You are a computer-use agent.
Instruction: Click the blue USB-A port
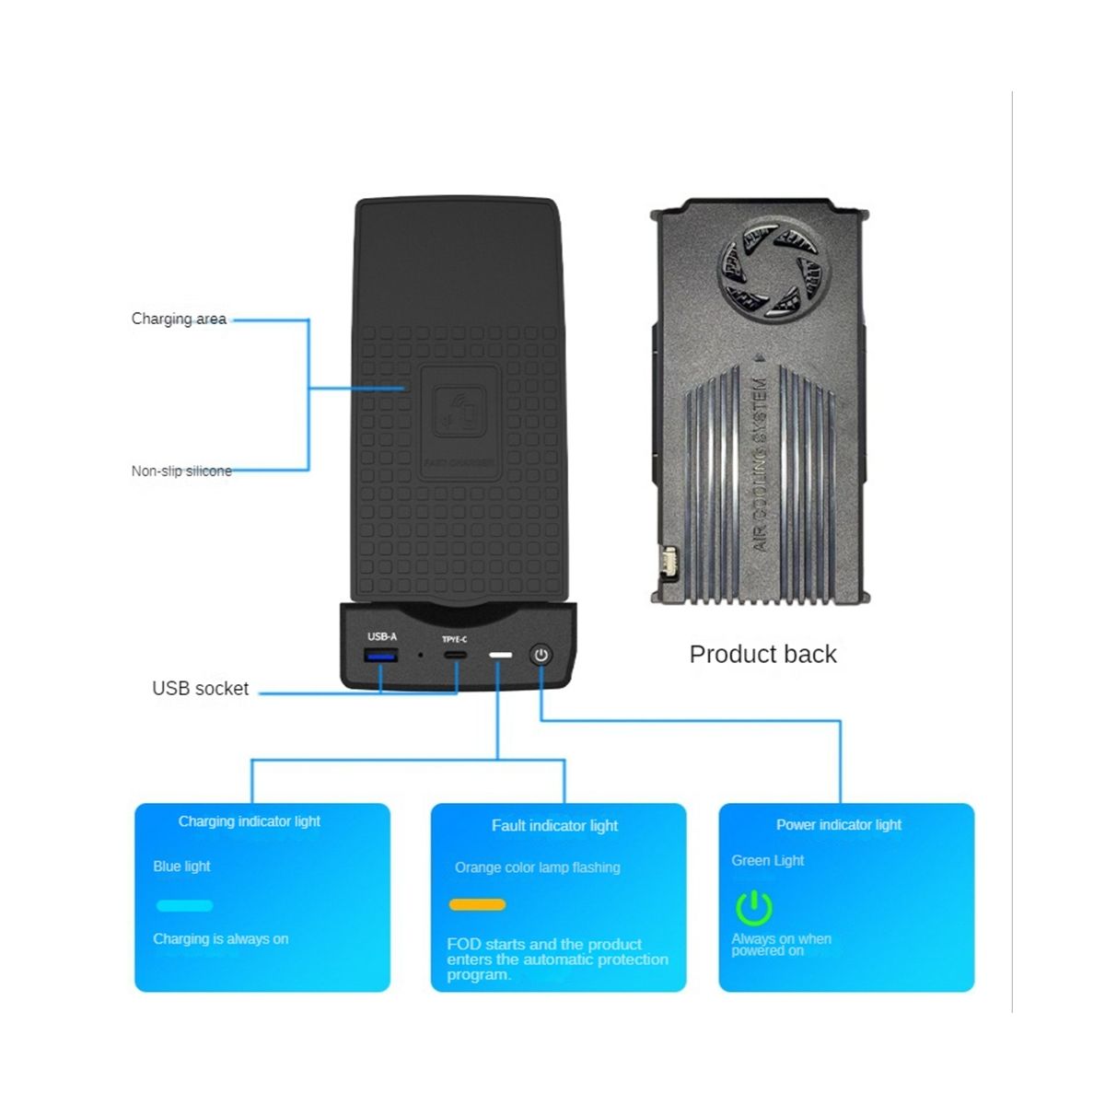[x=380, y=656]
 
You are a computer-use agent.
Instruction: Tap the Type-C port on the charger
[x=454, y=655]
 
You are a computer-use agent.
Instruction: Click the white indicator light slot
[x=500, y=656]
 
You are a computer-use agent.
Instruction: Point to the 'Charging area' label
[x=179, y=319]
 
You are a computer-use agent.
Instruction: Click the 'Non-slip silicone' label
[x=181, y=471]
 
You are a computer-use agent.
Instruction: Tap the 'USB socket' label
[x=200, y=688]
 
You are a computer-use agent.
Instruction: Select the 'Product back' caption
[x=762, y=654]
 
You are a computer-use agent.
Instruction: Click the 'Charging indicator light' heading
[x=250, y=820]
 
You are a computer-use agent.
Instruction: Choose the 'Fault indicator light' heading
[x=554, y=825]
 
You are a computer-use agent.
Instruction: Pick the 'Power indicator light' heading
[x=839, y=824]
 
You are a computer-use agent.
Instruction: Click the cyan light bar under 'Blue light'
[x=184, y=905]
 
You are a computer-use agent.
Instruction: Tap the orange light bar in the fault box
[x=477, y=904]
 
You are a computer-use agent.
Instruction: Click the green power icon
[x=753, y=907]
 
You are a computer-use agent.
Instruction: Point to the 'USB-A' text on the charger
[x=382, y=636]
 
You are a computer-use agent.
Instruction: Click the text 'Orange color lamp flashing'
[x=537, y=867]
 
